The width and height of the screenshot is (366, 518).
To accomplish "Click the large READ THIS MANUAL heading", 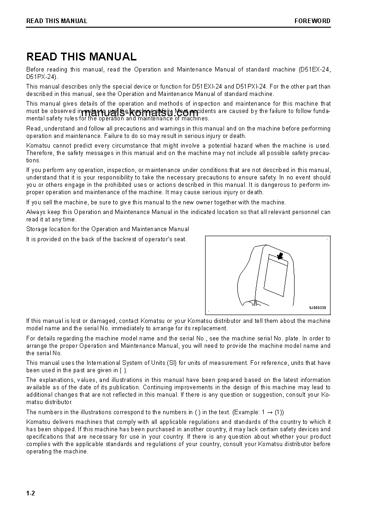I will (x=82, y=57).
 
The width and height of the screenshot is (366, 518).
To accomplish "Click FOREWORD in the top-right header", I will (x=313, y=21).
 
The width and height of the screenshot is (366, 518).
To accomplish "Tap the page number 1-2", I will (x=30, y=493).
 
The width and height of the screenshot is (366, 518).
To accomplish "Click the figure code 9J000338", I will (x=317, y=308).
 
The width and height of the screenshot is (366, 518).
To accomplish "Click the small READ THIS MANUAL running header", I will (x=57, y=21).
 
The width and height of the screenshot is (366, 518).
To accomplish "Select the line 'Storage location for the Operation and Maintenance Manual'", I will (x=107, y=229).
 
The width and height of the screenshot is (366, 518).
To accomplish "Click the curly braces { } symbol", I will (x=121, y=370).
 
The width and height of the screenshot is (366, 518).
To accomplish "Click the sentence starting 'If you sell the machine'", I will (x=156, y=202).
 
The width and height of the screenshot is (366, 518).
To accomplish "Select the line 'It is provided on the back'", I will (x=106, y=239).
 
